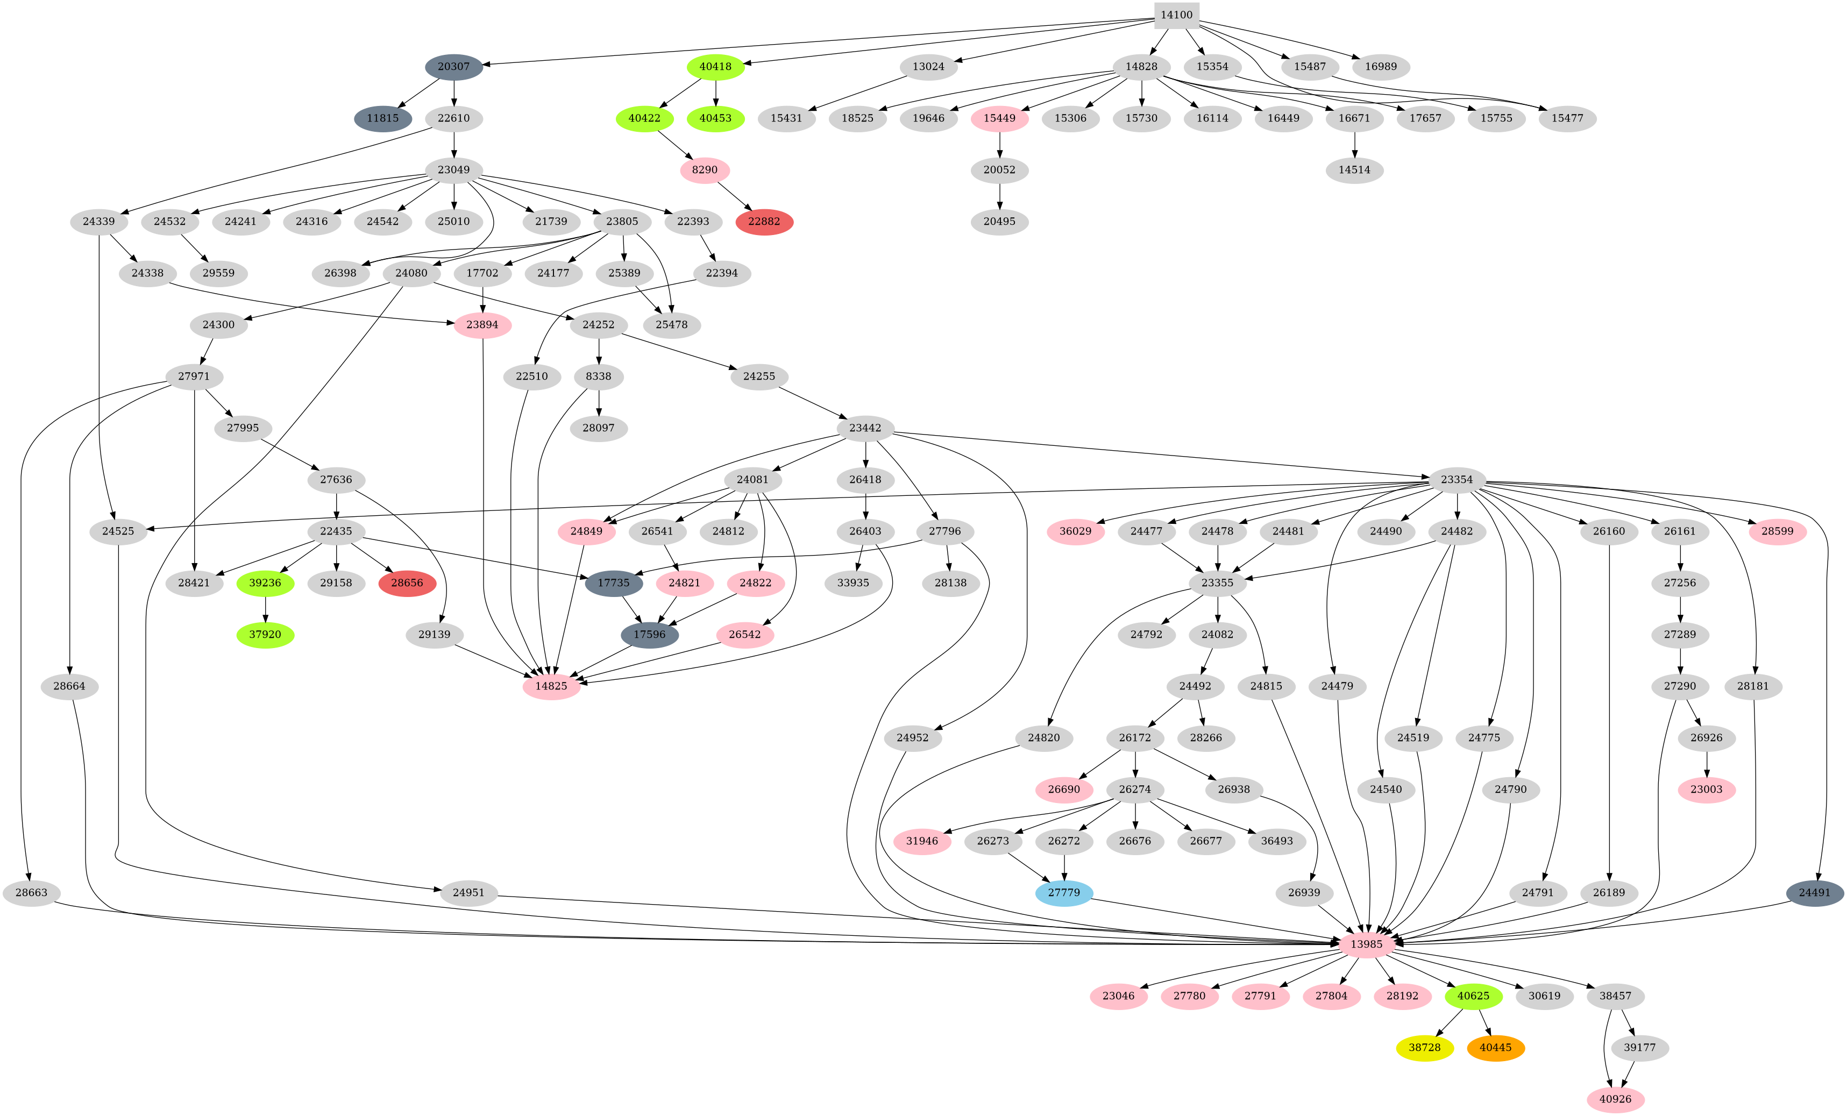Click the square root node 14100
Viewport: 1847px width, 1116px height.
pyautogui.click(x=1176, y=15)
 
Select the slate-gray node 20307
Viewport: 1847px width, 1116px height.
pyautogui.click(x=453, y=67)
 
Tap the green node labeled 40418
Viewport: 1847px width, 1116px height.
pyautogui.click(x=715, y=67)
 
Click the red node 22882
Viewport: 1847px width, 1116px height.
pyautogui.click(x=764, y=222)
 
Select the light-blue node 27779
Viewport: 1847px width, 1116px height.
pyautogui.click(x=1064, y=893)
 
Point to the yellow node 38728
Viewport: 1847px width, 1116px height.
pyautogui.click(x=1424, y=1048)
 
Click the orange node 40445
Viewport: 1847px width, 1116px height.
pyautogui.click(x=1495, y=1048)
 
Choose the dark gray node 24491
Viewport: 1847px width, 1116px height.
pyautogui.click(x=1814, y=893)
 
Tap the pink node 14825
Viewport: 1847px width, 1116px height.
pyautogui.click(x=551, y=686)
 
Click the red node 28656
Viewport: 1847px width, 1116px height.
pyautogui.click(x=407, y=583)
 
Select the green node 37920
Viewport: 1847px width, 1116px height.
pyautogui.click(x=265, y=635)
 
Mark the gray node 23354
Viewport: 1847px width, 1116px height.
pyautogui.click(x=1457, y=480)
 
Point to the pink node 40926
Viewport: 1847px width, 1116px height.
pyautogui.click(x=1615, y=1099)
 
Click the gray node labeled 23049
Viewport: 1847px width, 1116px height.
pyautogui.click(x=453, y=170)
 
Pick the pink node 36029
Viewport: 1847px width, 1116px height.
pyautogui.click(x=1076, y=531)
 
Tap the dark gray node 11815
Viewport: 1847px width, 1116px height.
pyautogui.click(x=382, y=118)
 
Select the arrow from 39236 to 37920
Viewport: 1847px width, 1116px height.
pyautogui.click(x=265, y=609)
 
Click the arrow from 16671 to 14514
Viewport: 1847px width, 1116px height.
pyautogui.click(x=1354, y=144)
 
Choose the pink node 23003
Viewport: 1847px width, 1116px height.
pyautogui.click(x=1707, y=789)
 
